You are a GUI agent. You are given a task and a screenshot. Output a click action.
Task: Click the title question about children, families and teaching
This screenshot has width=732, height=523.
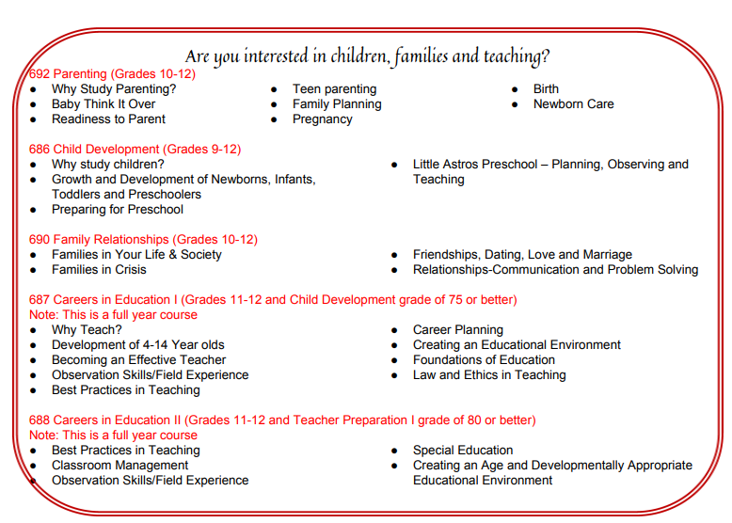[x=367, y=55]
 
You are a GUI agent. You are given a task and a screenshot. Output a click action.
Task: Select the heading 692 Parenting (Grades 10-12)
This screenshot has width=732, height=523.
[x=112, y=73]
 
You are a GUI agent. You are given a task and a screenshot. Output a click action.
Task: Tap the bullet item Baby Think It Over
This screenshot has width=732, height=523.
[x=103, y=104]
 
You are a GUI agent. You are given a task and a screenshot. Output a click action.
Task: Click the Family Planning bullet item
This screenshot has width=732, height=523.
[x=337, y=104]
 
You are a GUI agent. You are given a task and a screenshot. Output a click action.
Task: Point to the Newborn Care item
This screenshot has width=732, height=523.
[x=573, y=104]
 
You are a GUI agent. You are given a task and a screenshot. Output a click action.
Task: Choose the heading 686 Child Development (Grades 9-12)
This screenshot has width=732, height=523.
[x=135, y=150]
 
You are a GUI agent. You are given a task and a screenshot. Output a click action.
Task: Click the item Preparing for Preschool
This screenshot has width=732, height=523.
[x=118, y=210]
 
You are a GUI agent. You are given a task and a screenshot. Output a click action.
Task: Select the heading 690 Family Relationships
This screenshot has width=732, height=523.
[x=143, y=240]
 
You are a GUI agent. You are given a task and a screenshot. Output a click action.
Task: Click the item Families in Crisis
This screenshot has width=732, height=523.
[x=99, y=270]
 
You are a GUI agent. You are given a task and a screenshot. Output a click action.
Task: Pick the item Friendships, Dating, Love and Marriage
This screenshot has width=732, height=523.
[x=522, y=255]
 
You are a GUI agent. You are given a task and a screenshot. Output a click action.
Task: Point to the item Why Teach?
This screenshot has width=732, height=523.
[x=87, y=330]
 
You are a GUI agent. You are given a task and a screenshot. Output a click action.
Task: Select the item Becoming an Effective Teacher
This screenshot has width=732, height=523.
[x=138, y=360]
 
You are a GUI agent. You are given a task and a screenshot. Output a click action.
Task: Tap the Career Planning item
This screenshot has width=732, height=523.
[x=457, y=330]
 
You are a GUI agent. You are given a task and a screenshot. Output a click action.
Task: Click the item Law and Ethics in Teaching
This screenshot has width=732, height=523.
[x=489, y=375]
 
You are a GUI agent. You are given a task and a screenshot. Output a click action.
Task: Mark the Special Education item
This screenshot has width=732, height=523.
[x=463, y=451]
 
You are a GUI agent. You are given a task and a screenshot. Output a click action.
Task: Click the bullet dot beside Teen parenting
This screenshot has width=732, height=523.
[x=274, y=89]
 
